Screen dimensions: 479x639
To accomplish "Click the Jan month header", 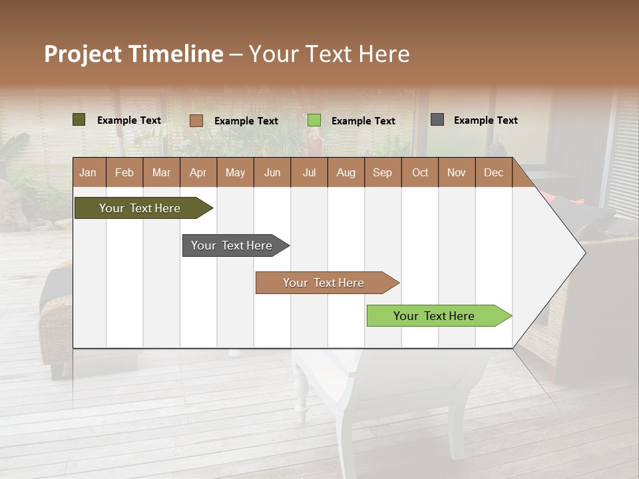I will click(88, 173).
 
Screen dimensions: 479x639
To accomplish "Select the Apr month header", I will click(198, 173).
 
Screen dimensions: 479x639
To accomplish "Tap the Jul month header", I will click(309, 173).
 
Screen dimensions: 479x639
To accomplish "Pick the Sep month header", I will click(382, 173).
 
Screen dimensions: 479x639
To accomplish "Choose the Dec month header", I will click(493, 173).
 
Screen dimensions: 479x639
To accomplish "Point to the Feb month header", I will click(124, 173).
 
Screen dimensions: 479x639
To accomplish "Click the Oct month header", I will click(420, 173).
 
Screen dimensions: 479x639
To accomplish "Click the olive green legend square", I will click(79, 120).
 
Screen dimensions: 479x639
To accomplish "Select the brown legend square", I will click(196, 120).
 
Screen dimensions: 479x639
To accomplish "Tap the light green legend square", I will click(314, 120).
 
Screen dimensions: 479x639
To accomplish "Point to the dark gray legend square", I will click(437, 120).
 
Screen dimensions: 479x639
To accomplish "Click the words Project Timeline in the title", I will click(133, 54).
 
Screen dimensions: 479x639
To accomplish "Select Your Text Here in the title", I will click(329, 54).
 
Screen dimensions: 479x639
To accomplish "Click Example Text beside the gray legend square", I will click(485, 120).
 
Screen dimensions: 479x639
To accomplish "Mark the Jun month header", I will click(272, 173).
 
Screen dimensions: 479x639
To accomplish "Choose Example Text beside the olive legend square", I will click(129, 120).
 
